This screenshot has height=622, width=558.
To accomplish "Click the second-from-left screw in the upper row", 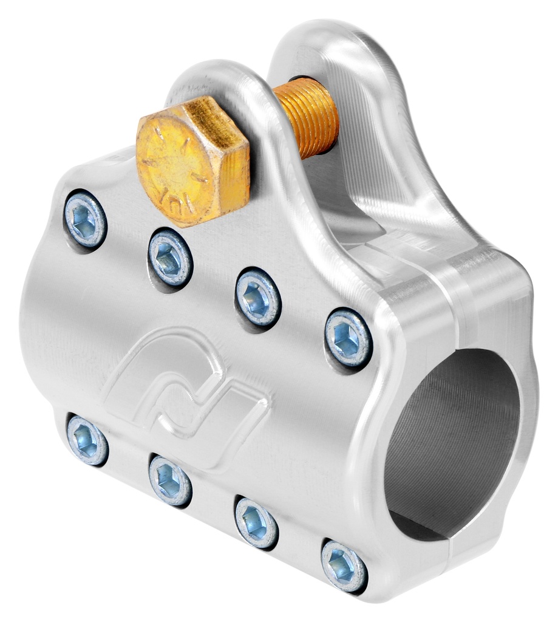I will tap(170, 258).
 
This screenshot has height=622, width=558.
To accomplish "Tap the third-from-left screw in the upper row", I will tap(257, 298).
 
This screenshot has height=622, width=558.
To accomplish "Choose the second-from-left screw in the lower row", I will tap(170, 480).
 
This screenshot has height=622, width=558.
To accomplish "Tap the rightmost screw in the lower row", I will tap(343, 565).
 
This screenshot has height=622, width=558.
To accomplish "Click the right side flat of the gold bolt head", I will tap(237, 176).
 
